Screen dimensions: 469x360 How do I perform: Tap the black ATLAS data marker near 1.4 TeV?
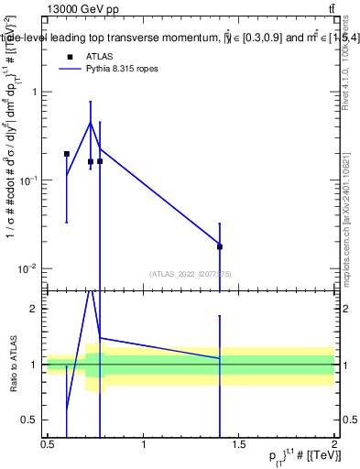pos(220,246)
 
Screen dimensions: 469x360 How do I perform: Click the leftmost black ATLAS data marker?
pos(67,154)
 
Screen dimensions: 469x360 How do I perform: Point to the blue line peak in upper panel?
pos(90,122)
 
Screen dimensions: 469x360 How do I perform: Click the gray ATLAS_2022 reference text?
pos(191,273)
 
